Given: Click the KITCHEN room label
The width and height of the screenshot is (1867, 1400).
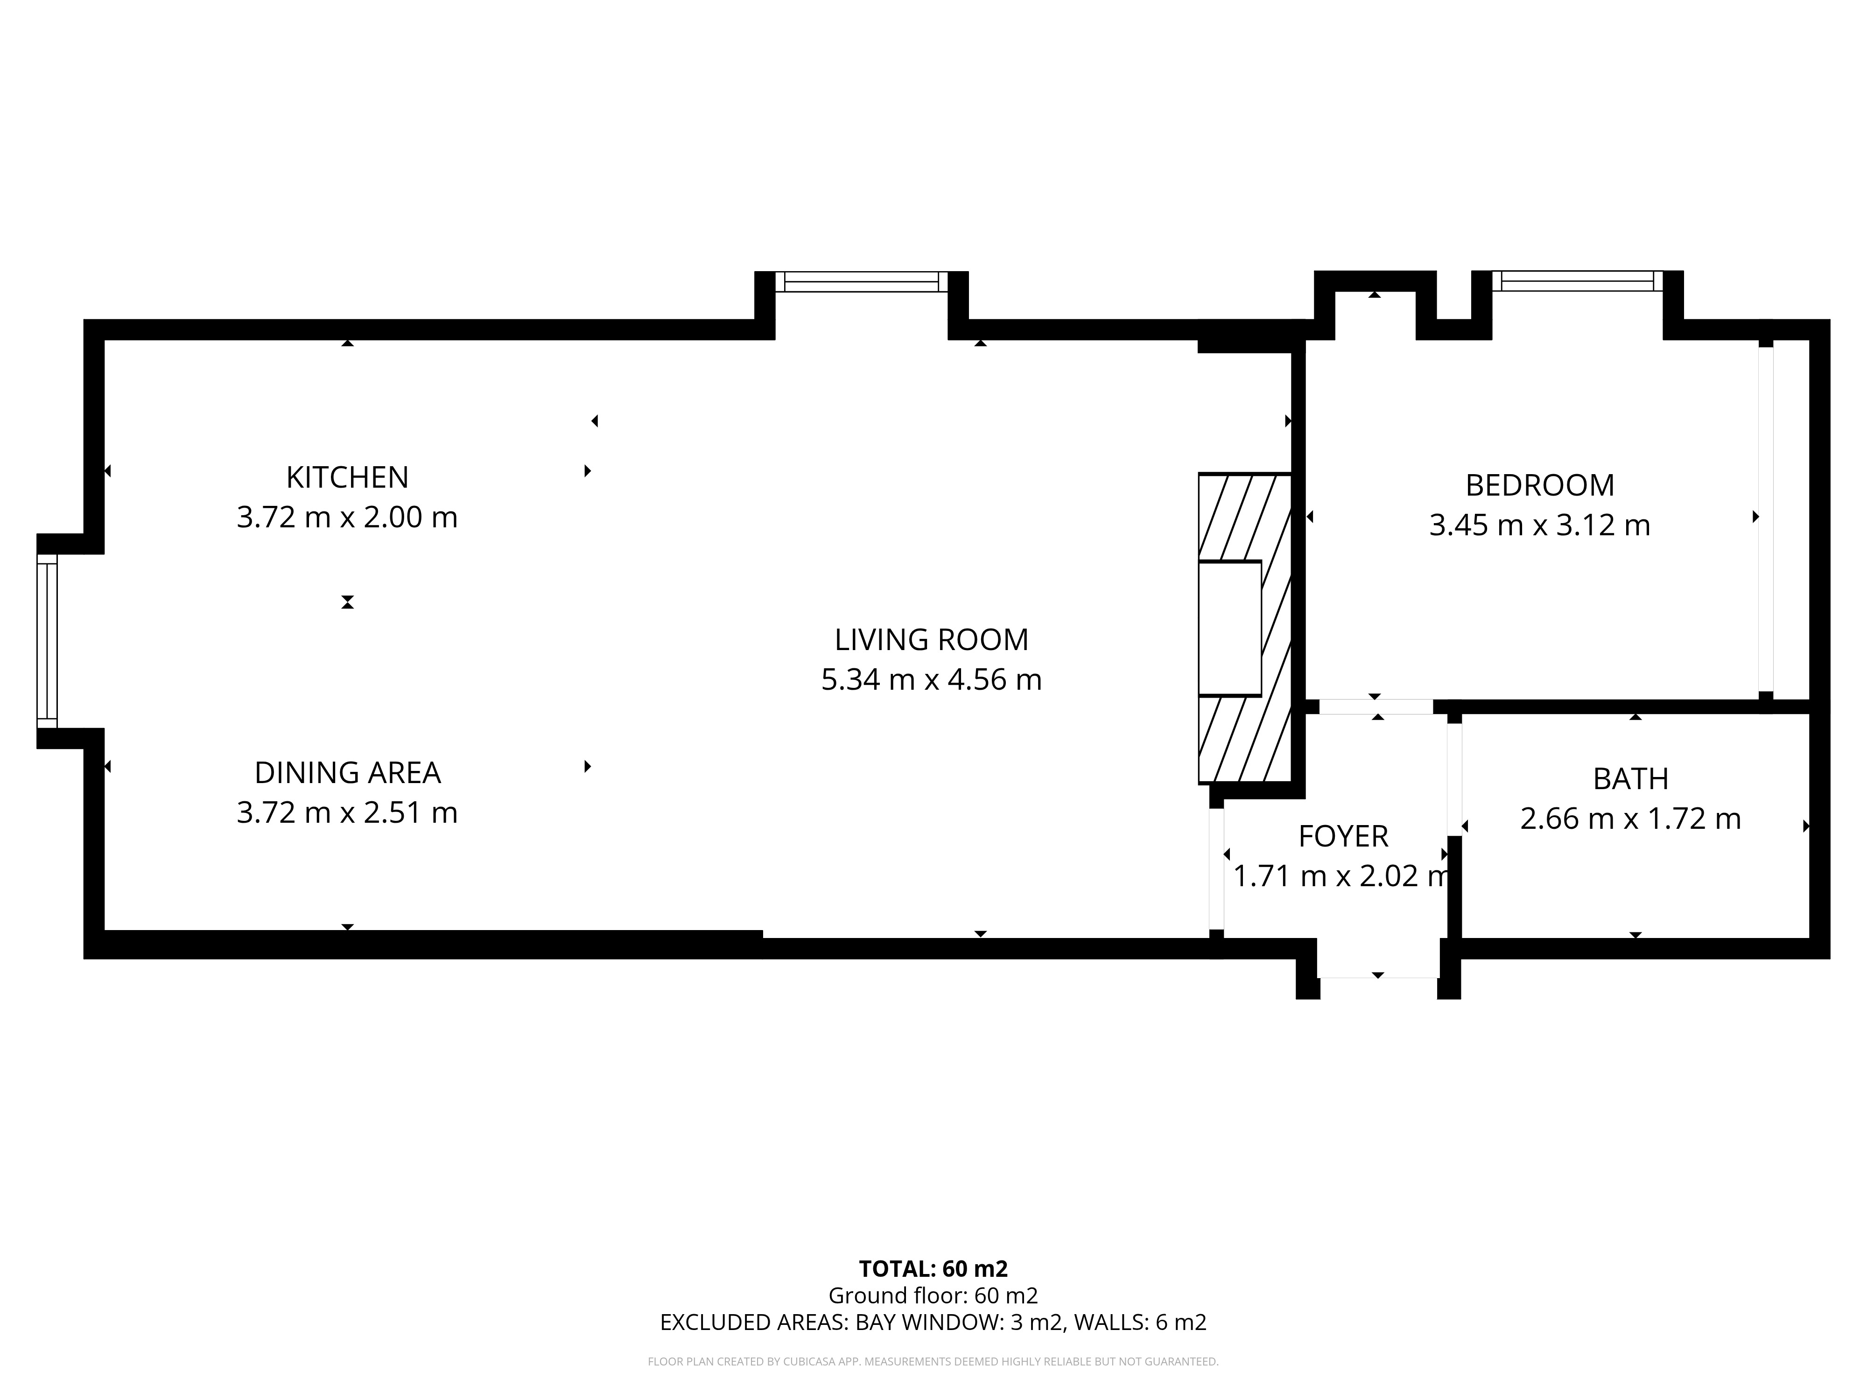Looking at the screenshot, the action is [x=347, y=478].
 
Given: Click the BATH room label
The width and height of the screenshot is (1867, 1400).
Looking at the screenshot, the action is [x=1631, y=779].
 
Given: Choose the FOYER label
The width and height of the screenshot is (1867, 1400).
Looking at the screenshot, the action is [x=1343, y=836].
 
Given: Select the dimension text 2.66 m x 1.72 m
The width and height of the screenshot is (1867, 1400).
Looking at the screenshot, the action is [x=1631, y=819].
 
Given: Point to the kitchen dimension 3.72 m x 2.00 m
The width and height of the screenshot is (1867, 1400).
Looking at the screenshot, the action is [x=347, y=517].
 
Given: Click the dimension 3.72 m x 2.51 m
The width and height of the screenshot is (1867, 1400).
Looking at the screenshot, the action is [x=347, y=812].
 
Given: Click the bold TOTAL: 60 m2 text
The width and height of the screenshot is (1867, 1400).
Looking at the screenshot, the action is [x=933, y=1269].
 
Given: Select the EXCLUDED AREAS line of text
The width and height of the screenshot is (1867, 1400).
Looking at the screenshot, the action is [x=933, y=1323].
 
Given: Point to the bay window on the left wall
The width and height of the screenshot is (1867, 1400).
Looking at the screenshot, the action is [x=47, y=641].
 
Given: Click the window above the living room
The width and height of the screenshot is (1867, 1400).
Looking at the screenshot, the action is [x=862, y=282].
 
